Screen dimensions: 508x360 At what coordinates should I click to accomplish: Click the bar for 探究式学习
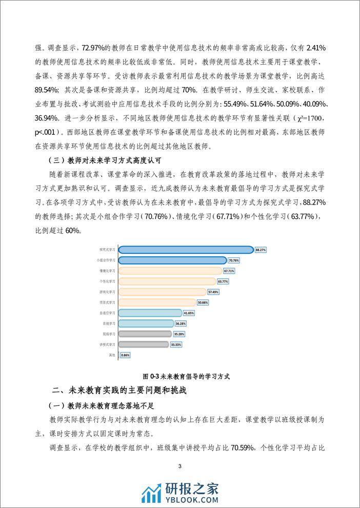pos(186,250)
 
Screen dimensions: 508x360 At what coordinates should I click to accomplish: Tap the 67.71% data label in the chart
pos(229,271)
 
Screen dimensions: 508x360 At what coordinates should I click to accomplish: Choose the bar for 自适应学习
pos(150,313)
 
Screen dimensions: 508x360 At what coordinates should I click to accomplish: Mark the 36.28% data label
pos(181,323)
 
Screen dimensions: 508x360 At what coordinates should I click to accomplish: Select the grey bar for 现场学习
pos(144,334)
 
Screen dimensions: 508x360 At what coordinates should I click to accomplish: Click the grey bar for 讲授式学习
pos(144,344)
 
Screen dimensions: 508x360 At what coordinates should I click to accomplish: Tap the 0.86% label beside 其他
pos(125,355)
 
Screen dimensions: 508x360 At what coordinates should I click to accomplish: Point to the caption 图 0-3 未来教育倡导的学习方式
pos(179,376)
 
